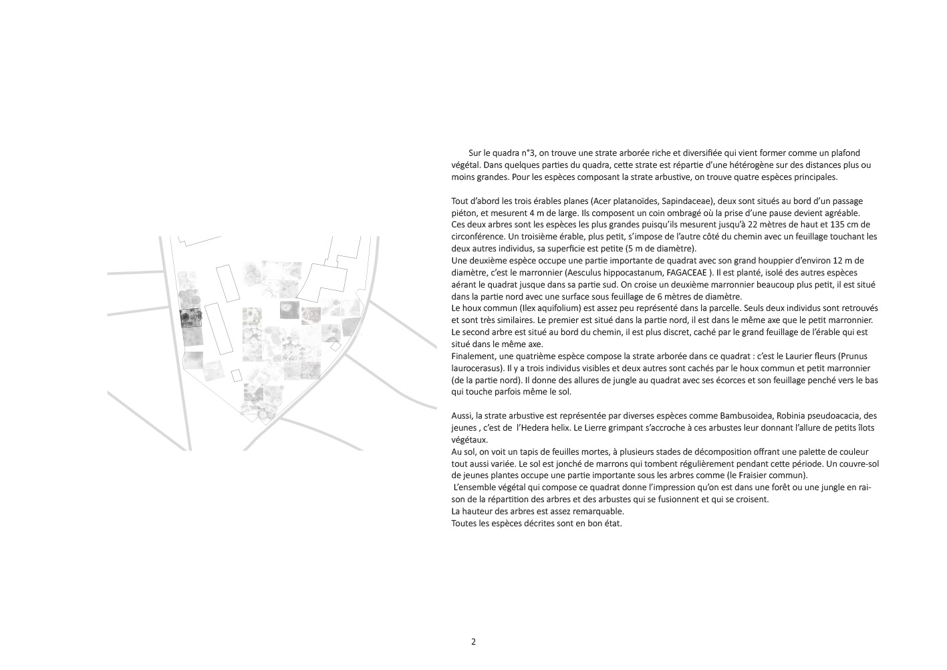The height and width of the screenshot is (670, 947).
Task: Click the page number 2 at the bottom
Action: pos(473,642)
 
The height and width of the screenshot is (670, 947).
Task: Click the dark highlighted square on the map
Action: pos(190,318)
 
